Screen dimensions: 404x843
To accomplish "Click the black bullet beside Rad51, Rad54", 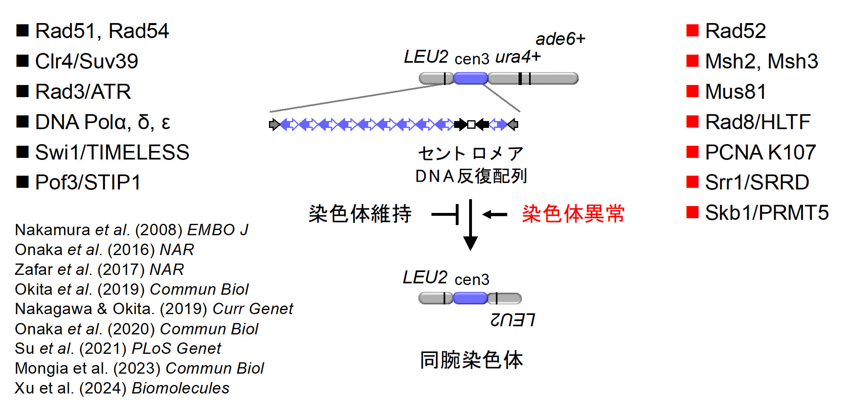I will click(22, 30).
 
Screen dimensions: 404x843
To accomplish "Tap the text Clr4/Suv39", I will click(86, 61).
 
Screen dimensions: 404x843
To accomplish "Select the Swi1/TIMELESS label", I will click(112, 152).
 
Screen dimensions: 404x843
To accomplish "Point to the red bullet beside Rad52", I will click(692, 30).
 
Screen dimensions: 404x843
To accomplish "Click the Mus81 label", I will click(735, 91).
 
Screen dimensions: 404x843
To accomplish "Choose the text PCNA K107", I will click(760, 152).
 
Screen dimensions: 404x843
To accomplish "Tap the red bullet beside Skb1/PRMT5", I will click(692, 212).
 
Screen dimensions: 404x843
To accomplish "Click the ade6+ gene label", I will click(560, 39).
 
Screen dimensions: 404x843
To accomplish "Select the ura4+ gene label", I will click(518, 57).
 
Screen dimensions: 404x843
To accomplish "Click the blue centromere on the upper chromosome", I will click(470, 78).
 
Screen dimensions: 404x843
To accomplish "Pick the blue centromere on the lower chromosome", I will click(470, 299).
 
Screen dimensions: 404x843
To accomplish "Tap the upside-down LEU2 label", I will click(512, 320).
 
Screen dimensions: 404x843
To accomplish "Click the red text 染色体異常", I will click(573, 214).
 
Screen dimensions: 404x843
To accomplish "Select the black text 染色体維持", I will click(360, 214).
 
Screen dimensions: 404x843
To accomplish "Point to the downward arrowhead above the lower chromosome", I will click(470, 243).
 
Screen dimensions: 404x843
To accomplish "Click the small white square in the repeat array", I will click(471, 124).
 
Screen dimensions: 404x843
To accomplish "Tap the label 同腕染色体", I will click(472, 359).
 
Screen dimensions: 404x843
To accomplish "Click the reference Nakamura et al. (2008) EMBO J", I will click(131, 230).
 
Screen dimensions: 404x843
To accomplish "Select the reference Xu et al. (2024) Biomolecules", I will click(122, 388).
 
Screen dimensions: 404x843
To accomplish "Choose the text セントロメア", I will click(471, 154).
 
